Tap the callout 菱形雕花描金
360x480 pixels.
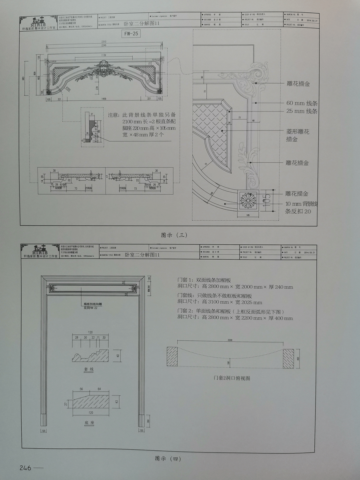[x=298, y=135]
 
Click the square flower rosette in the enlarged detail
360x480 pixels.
[x=247, y=200]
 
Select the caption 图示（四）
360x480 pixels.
[x=168, y=458]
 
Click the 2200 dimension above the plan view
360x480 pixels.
[x=230, y=340]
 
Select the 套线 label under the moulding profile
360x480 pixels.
[x=88, y=369]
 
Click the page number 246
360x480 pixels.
[x=25, y=468]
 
